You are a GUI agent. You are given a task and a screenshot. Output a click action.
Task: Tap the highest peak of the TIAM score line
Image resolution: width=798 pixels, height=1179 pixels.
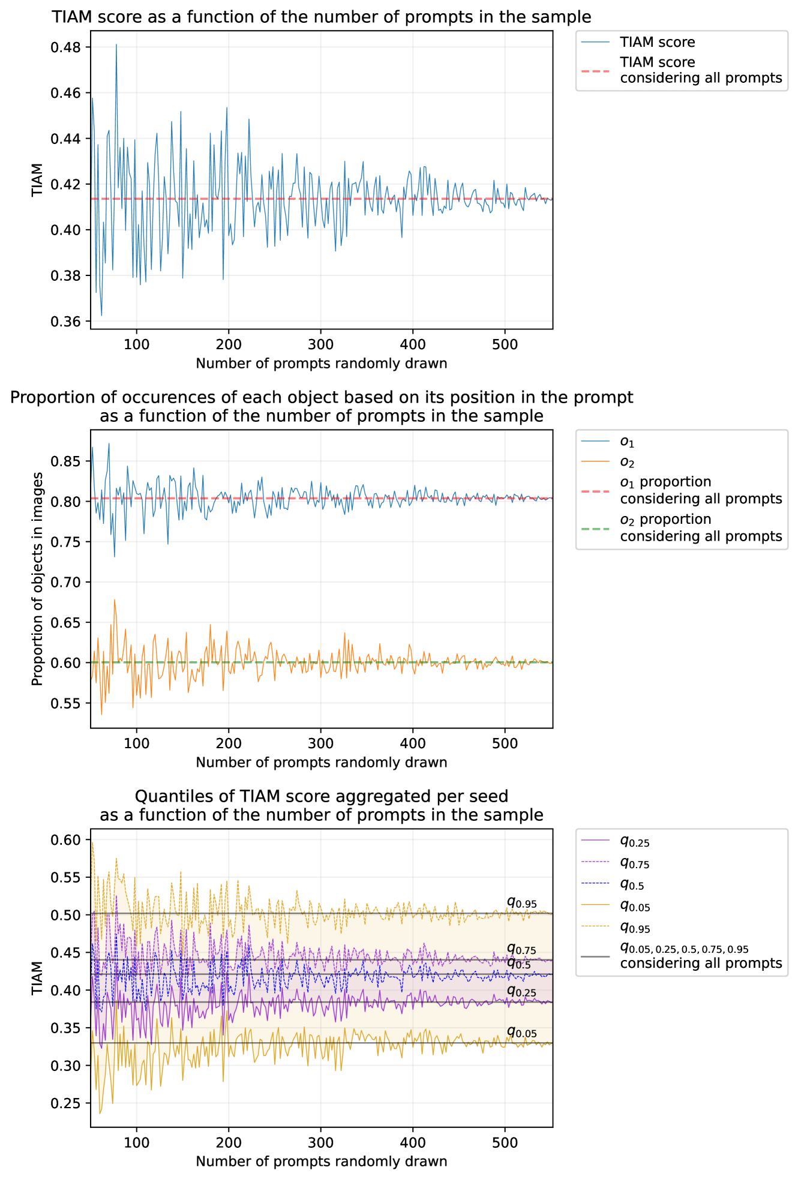[x=116, y=45]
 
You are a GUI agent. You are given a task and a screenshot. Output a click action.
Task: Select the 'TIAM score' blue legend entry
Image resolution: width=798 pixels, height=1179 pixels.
[x=657, y=42]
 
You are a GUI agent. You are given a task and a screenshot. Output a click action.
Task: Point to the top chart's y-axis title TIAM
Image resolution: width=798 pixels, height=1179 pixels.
[x=38, y=179]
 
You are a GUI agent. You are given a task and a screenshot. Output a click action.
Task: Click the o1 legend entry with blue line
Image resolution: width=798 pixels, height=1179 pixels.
[x=626, y=442]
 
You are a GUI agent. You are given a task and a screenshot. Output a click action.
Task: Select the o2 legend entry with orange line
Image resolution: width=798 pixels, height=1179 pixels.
[x=626, y=462]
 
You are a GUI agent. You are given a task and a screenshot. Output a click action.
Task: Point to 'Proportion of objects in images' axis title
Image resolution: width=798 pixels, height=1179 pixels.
[x=38, y=578]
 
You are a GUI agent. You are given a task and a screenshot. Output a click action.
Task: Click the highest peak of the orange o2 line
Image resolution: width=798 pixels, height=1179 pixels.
[x=114, y=599]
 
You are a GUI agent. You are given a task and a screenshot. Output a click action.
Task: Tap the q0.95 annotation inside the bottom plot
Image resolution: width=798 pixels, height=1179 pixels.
[x=521, y=903]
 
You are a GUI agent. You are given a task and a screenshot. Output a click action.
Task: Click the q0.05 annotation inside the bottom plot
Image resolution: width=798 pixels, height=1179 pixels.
[x=521, y=1033]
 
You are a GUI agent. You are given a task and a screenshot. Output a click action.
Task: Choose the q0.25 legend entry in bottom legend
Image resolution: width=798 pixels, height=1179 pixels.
[x=635, y=842]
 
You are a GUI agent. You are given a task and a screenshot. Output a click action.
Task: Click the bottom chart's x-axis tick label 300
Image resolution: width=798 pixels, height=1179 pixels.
[x=320, y=1142]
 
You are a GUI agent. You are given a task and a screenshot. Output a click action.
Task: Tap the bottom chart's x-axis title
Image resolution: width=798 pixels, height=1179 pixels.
[x=321, y=1161]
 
